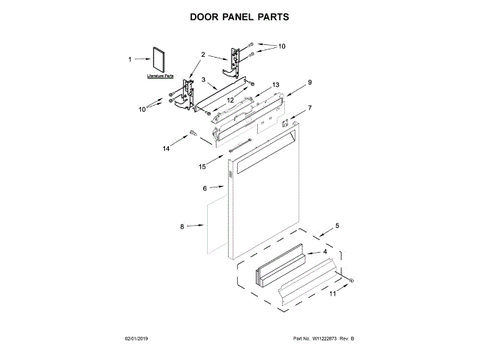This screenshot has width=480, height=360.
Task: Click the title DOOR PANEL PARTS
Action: pyautogui.click(x=239, y=16)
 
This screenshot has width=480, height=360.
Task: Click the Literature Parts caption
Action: pyautogui.click(x=160, y=76)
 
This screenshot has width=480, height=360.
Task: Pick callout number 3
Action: pyautogui.click(x=203, y=79)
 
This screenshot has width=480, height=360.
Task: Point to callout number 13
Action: pyautogui.click(x=275, y=85)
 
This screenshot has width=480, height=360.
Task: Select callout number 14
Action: pyautogui.click(x=166, y=148)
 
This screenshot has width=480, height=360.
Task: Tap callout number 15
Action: pyautogui.click(x=202, y=166)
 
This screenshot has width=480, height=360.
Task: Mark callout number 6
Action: pyautogui.click(x=204, y=188)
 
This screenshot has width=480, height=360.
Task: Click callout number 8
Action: pyautogui.click(x=181, y=226)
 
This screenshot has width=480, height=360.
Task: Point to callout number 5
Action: pyautogui.click(x=337, y=225)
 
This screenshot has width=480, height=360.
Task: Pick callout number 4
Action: pyautogui.click(x=325, y=252)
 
